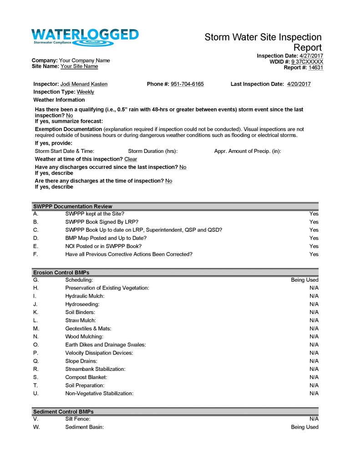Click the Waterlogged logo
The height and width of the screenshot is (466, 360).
point(85,37)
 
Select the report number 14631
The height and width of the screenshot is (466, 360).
point(316,67)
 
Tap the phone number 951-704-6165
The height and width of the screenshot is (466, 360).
point(187,84)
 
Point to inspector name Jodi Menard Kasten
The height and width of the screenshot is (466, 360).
point(84,84)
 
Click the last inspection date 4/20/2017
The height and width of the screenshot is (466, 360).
point(299,84)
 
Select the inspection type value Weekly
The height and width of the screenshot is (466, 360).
point(85,92)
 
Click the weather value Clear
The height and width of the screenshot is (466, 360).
point(131,159)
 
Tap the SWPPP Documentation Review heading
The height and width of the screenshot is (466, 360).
point(72,206)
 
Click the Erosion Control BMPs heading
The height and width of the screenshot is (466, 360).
point(61,273)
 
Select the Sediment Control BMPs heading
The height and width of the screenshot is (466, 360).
point(63,412)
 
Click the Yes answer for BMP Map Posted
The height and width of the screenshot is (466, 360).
point(314,238)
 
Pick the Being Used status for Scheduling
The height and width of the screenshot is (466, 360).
point(304,280)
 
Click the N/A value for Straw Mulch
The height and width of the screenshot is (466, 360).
point(314,320)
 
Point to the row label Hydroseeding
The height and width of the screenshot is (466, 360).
point(82,304)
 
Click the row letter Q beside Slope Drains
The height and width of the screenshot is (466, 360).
point(35,361)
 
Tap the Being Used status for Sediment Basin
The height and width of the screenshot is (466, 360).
point(304,427)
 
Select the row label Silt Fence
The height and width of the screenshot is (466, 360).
point(77,419)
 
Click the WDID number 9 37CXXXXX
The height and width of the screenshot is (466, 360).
point(307,61)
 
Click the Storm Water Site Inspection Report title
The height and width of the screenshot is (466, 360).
point(263,42)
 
